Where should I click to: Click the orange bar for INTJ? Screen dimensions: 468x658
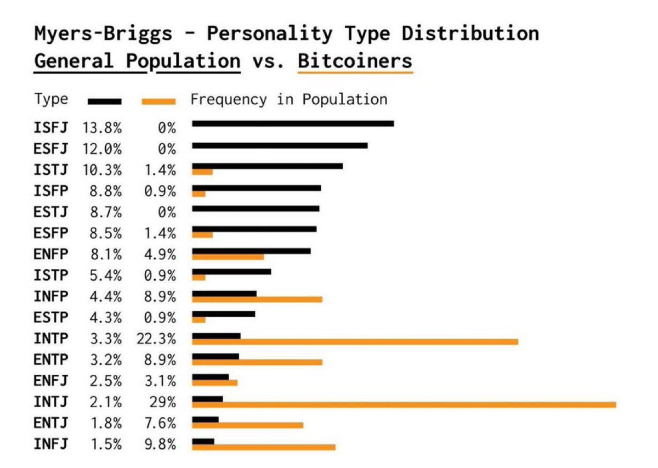point(404,405)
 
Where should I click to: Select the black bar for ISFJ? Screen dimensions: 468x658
point(293,123)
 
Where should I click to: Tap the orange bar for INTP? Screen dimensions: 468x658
point(355,342)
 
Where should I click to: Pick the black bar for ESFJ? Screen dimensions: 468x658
point(280,145)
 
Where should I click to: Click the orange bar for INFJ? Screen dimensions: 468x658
point(263,447)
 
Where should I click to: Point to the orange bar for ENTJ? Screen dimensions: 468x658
point(247,425)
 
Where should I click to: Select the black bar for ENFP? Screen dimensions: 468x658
point(251,251)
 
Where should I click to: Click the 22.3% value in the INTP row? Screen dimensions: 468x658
point(156,339)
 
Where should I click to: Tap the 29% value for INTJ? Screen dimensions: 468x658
point(162,402)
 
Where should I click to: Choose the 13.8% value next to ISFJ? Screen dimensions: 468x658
point(102,128)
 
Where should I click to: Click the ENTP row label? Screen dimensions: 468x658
point(51,360)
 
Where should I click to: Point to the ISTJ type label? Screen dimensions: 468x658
point(51,170)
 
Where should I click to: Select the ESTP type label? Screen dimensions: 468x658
point(51,318)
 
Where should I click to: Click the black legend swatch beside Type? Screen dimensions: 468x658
point(104,101)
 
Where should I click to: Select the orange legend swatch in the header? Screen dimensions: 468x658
point(158,101)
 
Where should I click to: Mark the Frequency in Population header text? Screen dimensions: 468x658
point(289,99)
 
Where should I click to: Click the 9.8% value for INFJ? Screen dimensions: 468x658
point(160,444)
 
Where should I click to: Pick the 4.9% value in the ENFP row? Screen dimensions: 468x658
point(160,255)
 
